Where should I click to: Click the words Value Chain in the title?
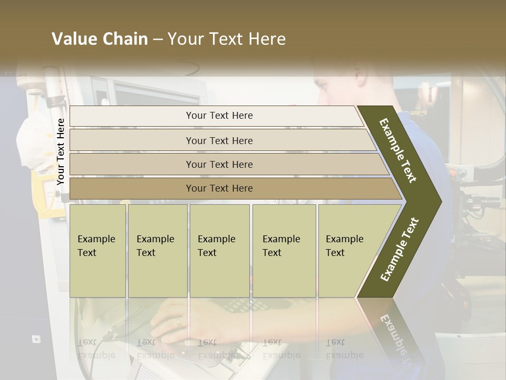pyautogui.click(x=100, y=39)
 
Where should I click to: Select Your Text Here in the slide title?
pyautogui.click(x=227, y=39)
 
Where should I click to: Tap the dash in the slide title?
pyautogui.click(x=158, y=40)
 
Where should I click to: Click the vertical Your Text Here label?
pyautogui.click(x=61, y=152)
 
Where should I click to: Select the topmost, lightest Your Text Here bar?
pyautogui.click(x=219, y=116)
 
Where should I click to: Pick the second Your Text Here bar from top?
pyautogui.click(x=219, y=140)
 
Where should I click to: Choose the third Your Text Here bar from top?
pyautogui.click(x=219, y=164)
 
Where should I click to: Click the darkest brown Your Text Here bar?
pyautogui.click(x=219, y=188)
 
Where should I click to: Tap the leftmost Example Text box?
pyautogui.click(x=98, y=251)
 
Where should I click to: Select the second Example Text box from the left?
pyautogui.click(x=157, y=251)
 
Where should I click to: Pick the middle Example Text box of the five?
pyautogui.click(x=219, y=251)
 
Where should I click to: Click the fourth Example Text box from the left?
pyautogui.click(x=284, y=251)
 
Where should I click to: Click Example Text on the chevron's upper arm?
pyautogui.click(x=398, y=150)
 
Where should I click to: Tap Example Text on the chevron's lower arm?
pyautogui.click(x=400, y=249)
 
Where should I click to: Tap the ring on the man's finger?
pyautogui.click(x=178, y=321)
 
